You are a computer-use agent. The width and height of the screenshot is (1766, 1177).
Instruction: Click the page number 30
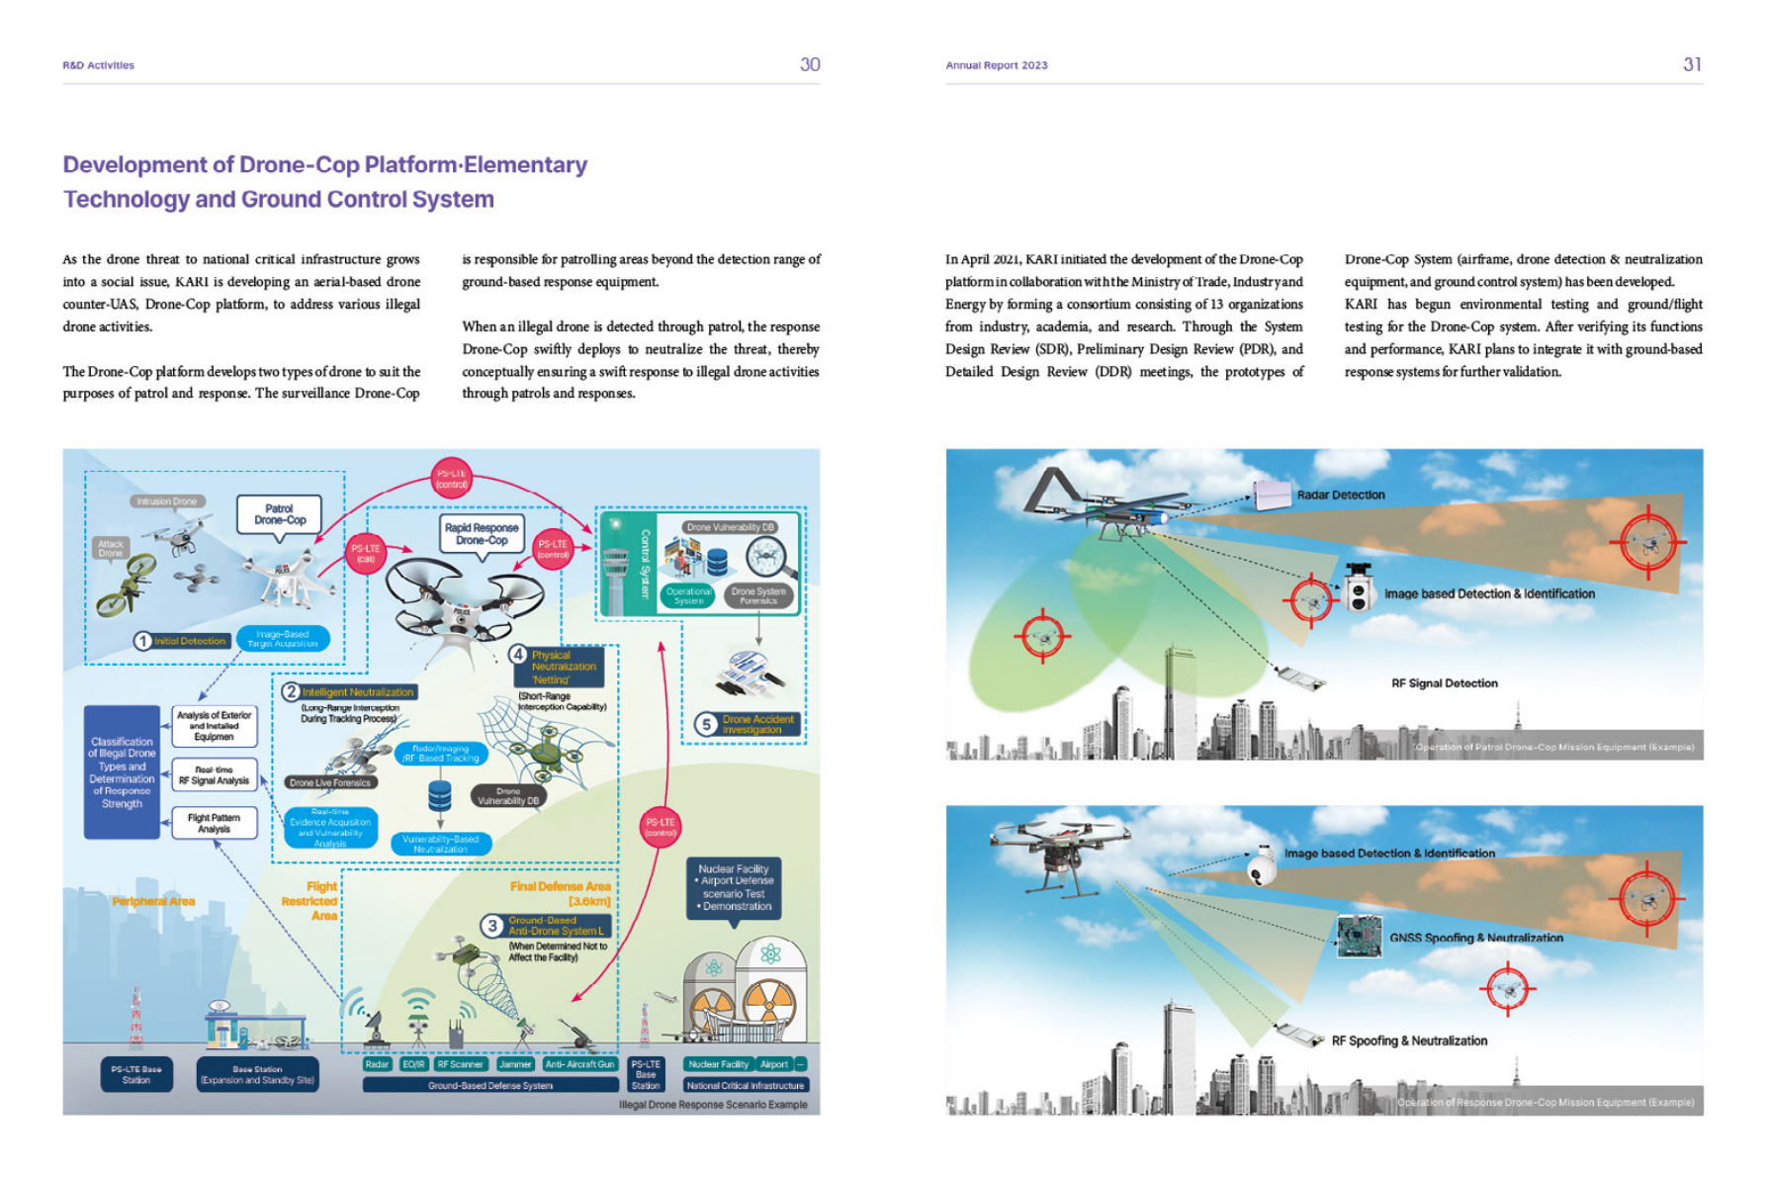(810, 64)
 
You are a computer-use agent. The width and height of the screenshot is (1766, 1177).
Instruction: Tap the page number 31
(1692, 64)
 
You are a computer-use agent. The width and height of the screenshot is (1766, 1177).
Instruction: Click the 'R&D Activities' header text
(98, 65)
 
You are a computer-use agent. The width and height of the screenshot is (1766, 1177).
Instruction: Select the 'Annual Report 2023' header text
(996, 65)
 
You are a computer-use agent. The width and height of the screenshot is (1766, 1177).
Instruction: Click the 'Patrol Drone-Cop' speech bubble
(280, 514)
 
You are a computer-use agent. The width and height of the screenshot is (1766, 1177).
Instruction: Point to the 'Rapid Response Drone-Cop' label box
(482, 534)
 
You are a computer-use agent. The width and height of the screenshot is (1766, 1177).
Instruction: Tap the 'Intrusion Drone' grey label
(167, 501)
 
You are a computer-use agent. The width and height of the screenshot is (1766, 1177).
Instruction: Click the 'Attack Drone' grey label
(111, 548)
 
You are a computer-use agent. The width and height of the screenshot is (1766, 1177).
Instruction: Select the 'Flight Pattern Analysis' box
(214, 823)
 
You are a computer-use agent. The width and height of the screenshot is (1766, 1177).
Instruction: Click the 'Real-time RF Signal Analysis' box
(214, 774)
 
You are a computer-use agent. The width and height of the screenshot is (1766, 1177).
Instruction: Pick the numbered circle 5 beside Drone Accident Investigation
(706, 724)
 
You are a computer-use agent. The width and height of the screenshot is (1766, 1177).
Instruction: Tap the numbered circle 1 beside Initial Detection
(143, 641)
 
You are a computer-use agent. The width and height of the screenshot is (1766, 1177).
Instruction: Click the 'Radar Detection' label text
(1340, 495)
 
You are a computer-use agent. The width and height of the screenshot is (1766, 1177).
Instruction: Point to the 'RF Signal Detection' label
(1444, 683)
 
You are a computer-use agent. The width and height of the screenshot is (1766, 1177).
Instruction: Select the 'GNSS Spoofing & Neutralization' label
(1475, 938)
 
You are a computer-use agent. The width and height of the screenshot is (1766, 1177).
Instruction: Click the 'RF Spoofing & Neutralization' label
(1409, 1041)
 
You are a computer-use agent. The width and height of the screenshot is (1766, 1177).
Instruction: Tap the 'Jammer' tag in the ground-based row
(515, 1064)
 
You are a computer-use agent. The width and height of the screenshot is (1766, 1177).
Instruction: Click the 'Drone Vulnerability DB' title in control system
(730, 527)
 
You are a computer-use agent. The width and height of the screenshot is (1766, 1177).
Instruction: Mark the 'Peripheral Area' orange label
(153, 901)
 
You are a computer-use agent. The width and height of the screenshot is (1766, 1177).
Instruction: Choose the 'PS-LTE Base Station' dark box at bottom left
(136, 1074)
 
